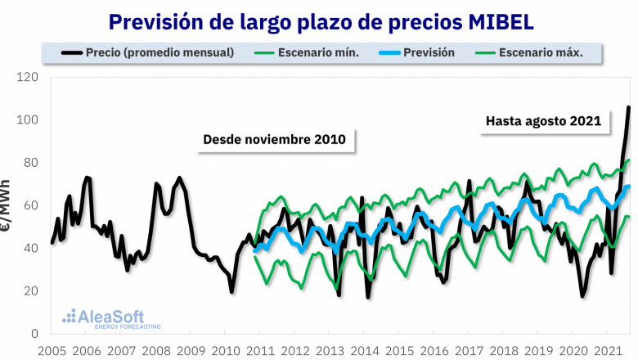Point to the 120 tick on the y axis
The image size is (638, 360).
[x=28, y=78]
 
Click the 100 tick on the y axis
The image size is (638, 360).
[x=28, y=120]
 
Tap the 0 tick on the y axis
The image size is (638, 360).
[x=34, y=334]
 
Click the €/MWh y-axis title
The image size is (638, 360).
[x=7, y=205]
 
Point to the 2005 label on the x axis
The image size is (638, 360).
[x=52, y=351]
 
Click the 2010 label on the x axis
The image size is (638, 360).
[x=225, y=351]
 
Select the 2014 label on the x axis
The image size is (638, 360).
[x=364, y=351]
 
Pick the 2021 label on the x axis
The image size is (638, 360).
[x=606, y=351]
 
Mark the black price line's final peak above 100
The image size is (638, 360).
[x=628, y=107]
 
